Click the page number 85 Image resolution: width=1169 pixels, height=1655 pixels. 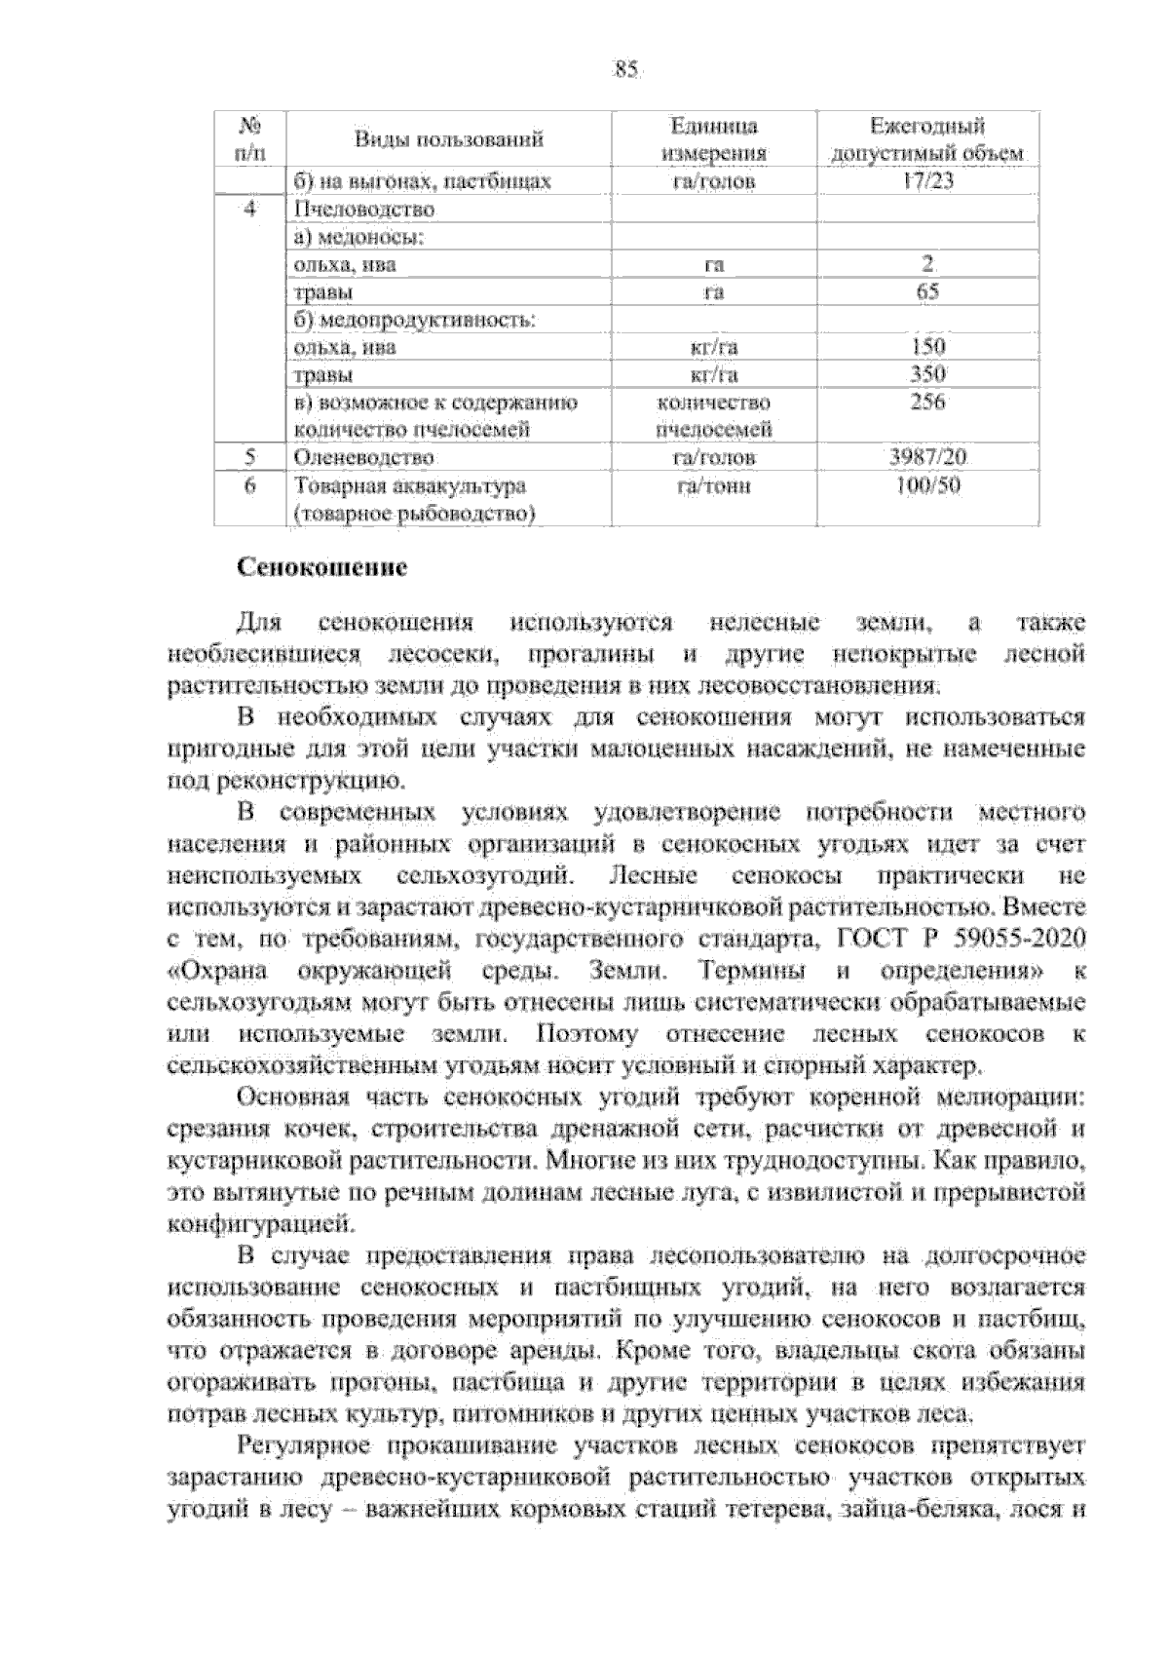pos(624,69)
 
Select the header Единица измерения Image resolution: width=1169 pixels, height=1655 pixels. pos(714,139)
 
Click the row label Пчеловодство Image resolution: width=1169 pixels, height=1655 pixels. pos(357,210)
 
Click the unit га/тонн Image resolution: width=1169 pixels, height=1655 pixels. pos(714,485)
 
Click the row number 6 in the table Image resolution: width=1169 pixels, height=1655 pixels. pos(250,485)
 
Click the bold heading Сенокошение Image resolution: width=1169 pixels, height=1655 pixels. pos(322,567)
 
